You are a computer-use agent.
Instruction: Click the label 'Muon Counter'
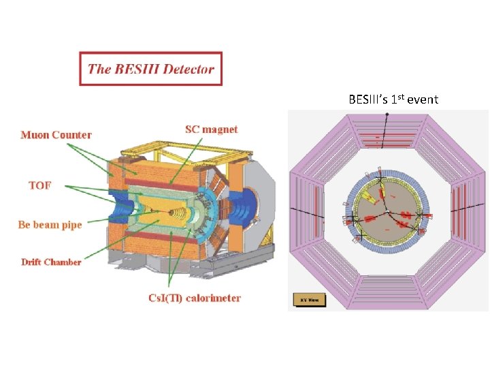(x=56, y=135)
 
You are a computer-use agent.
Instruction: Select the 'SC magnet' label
(x=212, y=129)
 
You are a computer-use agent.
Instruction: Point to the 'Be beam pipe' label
(x=50, y=224)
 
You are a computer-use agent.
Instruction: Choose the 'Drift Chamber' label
(x=51, y=262)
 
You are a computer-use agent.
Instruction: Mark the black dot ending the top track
(x=387, y=114)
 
